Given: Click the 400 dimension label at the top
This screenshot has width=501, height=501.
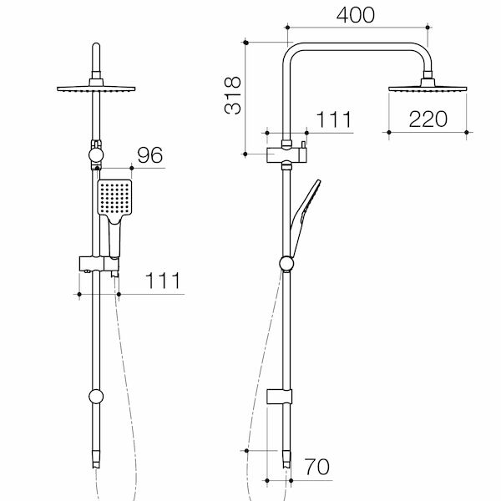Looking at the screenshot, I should [357, 16].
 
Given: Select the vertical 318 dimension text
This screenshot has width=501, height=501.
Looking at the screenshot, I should [234, 95].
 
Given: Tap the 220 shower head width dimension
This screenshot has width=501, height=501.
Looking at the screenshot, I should [428, 119].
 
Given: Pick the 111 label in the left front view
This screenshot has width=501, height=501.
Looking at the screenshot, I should [164, 281].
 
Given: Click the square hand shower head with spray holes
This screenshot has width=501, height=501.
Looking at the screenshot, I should [114, 200].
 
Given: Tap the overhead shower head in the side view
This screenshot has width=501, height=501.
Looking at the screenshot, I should [429, 88].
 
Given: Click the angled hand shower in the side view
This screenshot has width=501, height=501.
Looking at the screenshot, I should [302, 206].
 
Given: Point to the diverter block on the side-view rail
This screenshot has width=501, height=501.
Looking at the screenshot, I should [285, 154].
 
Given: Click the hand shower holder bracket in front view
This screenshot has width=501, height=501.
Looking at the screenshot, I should [98, 265].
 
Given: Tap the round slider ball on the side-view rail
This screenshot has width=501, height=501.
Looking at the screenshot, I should [287, 264].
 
